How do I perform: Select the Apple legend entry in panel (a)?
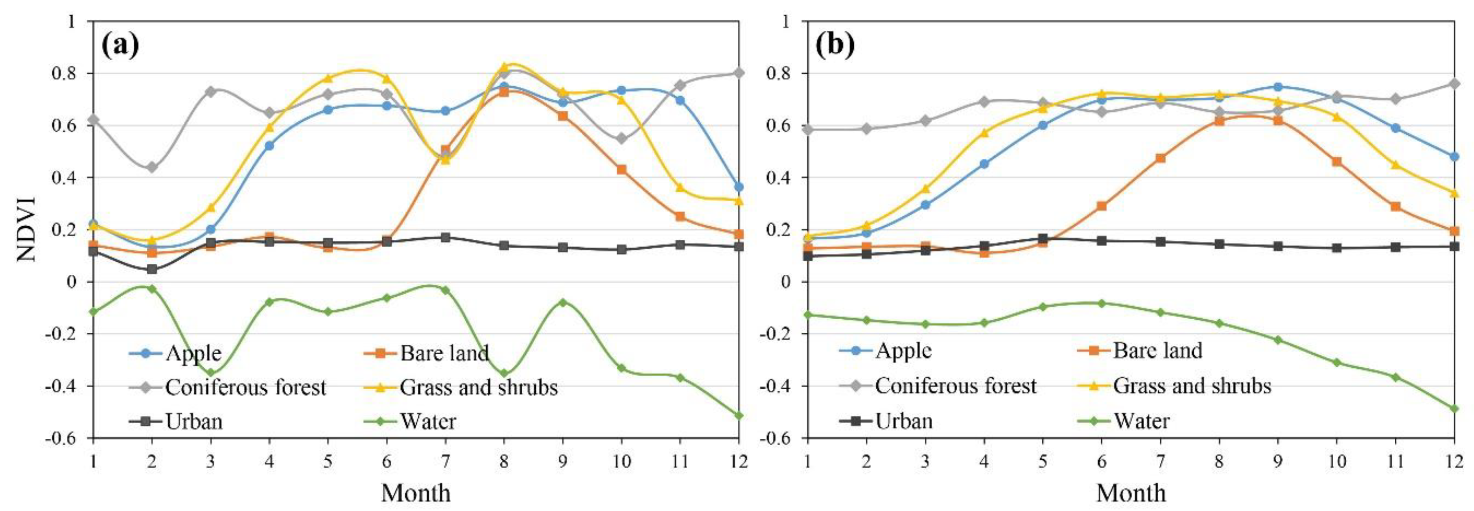[193, 354]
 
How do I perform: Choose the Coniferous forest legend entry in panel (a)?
[245, 387]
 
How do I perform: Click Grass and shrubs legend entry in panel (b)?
[1191, 386]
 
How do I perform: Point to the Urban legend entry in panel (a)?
[193, 422]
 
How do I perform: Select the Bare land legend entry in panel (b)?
[1157, 351]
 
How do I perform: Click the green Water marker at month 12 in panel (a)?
[739, 415]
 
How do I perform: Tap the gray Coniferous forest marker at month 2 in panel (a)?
[152, 167]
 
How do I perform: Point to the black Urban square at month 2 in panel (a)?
[152, 269]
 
